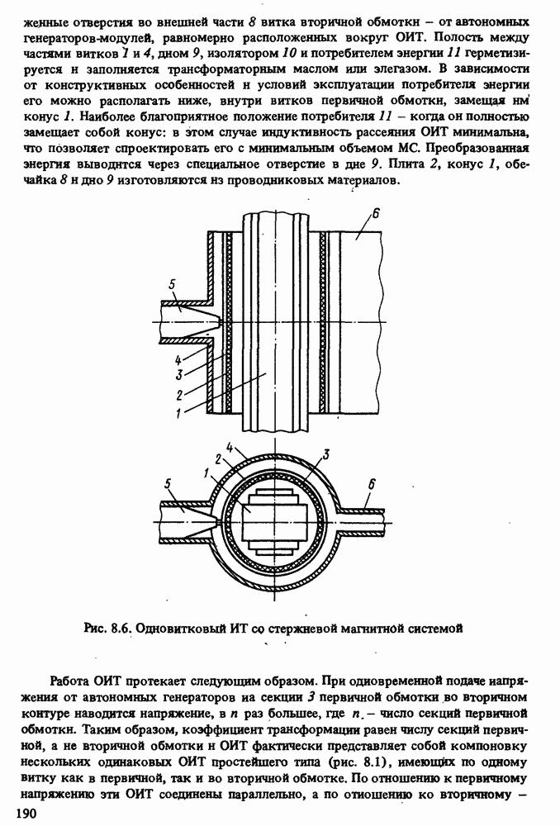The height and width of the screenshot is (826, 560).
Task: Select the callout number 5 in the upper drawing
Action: point(172,285)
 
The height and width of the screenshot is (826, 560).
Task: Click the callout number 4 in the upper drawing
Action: point(178,359)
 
